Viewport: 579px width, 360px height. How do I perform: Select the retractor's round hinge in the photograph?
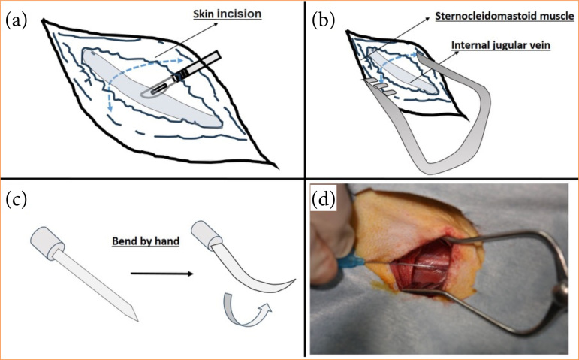coord(559,289)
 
